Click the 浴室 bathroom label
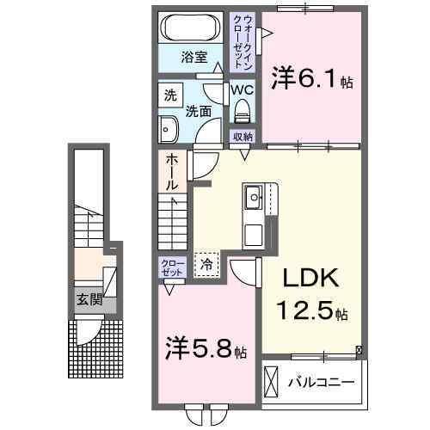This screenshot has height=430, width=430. click(x=193, y=58)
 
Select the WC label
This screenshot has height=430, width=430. click(x=241, y=89)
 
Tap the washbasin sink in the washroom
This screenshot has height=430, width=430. click(x=168, y=130)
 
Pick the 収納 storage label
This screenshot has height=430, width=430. click(x=243, y=137)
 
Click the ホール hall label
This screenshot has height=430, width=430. click(x=172, y=172)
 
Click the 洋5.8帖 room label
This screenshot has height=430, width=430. click(x=206, y=351)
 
